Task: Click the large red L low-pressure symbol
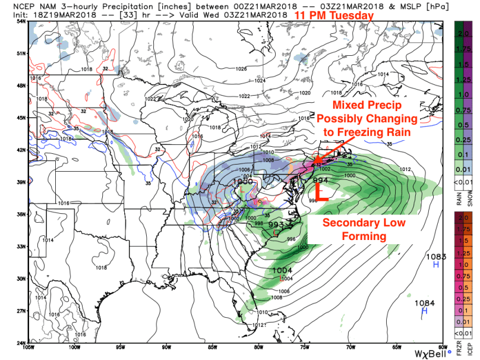click(x=321, y=191)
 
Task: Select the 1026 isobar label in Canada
click(x=241, y=69)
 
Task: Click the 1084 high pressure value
click(x=424, y=303)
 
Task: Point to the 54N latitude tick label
click(x=21, y=22)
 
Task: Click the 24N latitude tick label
click(x=21, y=343)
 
